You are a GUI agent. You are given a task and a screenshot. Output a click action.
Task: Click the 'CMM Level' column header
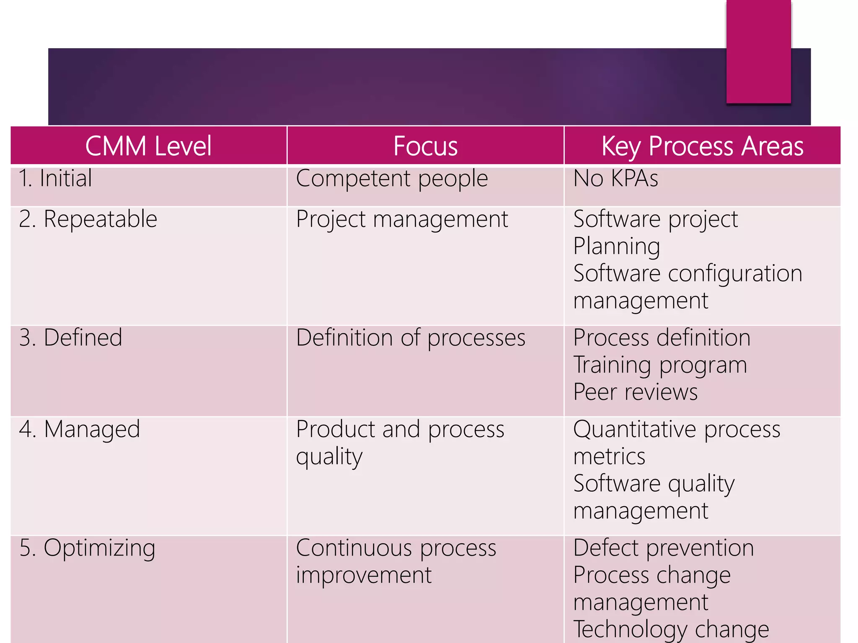[148, 146]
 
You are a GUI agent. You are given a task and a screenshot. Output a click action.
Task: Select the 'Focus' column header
[425, 146]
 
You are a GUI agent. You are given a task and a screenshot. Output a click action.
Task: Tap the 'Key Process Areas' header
[702, 146]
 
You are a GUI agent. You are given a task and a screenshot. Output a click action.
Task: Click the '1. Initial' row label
[55, 178]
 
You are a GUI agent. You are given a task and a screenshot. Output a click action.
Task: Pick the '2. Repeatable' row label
[88, 219]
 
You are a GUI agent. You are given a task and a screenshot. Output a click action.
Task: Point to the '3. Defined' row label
[70, 337]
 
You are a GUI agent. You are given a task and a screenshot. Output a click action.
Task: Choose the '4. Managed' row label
[79, 430]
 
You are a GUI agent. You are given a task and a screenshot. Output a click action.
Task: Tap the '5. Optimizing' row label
[87, 548]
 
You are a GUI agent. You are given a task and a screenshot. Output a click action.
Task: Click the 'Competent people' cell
[392, 179]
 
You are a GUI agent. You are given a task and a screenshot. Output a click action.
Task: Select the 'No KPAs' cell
[615, 178]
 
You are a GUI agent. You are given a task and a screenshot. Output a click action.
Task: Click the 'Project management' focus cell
[402, 219]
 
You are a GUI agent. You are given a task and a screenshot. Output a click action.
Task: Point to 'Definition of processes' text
[411, 338]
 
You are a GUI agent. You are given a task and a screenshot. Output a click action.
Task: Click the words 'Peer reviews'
[635, 392]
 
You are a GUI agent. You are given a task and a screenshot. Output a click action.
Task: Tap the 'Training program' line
[660, 365]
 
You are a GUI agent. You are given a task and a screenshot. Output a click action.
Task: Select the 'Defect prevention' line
[664, 548]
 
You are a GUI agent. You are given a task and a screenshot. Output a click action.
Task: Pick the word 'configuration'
[735, 274]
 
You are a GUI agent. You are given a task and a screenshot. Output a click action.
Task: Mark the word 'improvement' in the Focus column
[364, 575]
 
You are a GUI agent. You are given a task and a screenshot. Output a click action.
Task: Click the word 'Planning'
[616, 246]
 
